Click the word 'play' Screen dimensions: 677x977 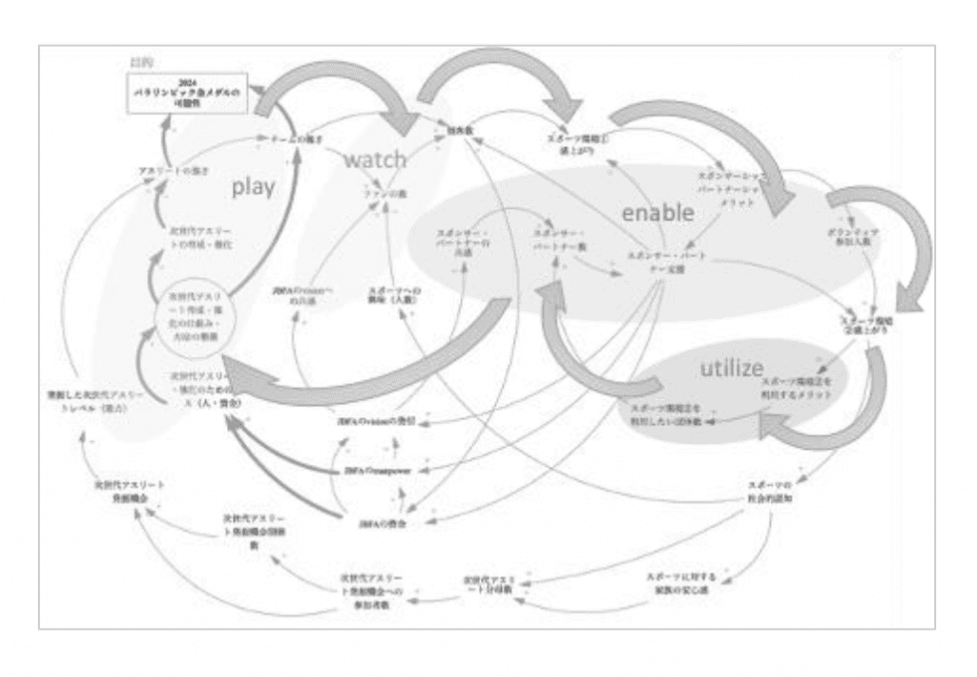(x=253, y=187)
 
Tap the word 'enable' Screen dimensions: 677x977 (x=657, y=212)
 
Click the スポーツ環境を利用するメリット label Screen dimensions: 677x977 (x=797, y=387)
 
